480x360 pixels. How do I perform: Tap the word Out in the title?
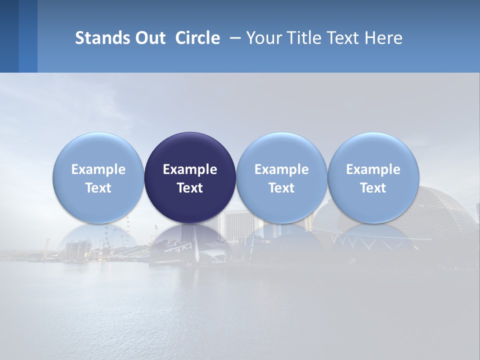[149, 38]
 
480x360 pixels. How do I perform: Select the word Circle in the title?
[197, 38]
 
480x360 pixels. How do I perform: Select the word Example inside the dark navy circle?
[190, 169]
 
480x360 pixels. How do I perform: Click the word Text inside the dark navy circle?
[190, 188]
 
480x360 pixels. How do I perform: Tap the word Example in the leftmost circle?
[98, 169]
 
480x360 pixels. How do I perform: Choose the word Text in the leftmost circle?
[98, 188]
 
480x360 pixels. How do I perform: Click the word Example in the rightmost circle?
[373, 169]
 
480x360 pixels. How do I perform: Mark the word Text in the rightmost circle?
[373, 188]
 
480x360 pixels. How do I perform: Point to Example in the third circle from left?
[281, 169]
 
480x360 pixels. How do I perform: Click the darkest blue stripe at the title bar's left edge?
[9, 36]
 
